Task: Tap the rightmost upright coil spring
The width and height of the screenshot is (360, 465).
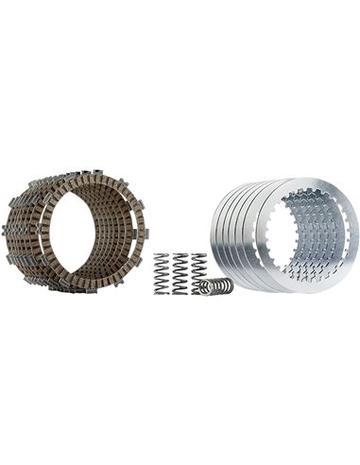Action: [199, 270]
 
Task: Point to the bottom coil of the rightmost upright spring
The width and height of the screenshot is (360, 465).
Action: [199, 289]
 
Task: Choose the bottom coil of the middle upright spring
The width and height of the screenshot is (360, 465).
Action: [180, 290]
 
